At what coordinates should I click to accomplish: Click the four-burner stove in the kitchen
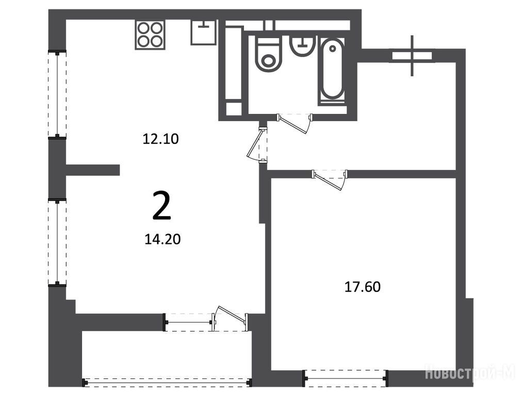click(x=150, y=35)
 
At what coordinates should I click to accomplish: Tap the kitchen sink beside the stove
click(x=203, y=32)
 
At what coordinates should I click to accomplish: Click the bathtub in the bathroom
click(x=332, y=71)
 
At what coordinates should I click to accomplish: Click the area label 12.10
click(x=160, y=139)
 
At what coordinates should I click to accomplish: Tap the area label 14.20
click(x=162, y=239)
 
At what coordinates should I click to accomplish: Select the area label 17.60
click(x=362, y=287)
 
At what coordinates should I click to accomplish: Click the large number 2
click(x=162, y=206)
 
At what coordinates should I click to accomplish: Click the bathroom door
click(x=295, y=124)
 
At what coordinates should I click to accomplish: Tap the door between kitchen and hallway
click(x=258, y=144)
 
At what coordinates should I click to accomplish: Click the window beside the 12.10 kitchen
click(x=57, y=94)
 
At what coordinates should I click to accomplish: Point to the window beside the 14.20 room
click(x=57, y=242)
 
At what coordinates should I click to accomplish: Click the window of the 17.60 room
click(x=346, y=378)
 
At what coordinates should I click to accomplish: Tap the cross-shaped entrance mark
click(x=412, y=56)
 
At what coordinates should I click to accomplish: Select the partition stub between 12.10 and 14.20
click(x=93, y=170)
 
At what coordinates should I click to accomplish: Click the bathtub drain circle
click(x=332, y=48)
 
